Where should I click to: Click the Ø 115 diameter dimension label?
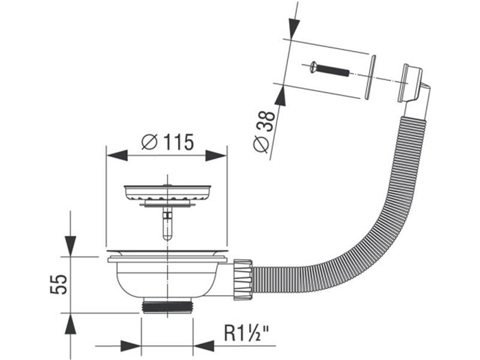[x=167, y=142]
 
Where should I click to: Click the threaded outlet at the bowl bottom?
[x=167, y=305]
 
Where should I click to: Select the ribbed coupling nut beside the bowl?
[x=241, y=279]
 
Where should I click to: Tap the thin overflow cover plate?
[x=371, y=76]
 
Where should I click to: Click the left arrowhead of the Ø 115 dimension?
[x=118, y=155]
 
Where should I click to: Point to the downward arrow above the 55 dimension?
[x=71, y=244]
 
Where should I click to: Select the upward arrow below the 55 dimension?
[x=71, y=326]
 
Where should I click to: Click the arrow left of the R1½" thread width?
[x=130, y=346]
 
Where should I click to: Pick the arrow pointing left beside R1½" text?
[x=204, y=346]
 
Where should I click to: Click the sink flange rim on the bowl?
[x=167, y=258]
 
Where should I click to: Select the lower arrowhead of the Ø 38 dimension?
[x=280, y=95]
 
